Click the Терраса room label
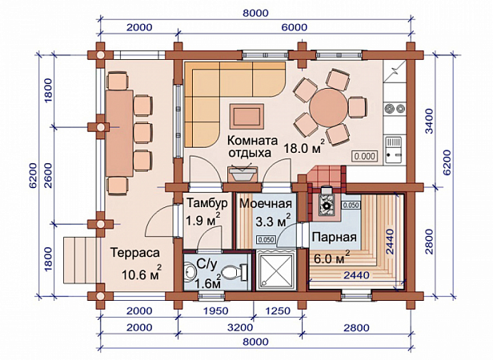135,253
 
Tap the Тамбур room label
207,203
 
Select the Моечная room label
266,203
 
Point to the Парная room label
335,237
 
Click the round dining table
329,107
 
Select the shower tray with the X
276,270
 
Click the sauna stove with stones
327,202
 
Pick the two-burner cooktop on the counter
395,108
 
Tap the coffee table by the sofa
246,116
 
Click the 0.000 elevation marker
364,156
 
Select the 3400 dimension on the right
429,121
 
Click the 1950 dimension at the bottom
216,311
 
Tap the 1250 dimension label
278,311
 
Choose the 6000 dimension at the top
294,27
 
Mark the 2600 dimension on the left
48,175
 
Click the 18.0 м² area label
304,147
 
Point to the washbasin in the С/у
190,271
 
